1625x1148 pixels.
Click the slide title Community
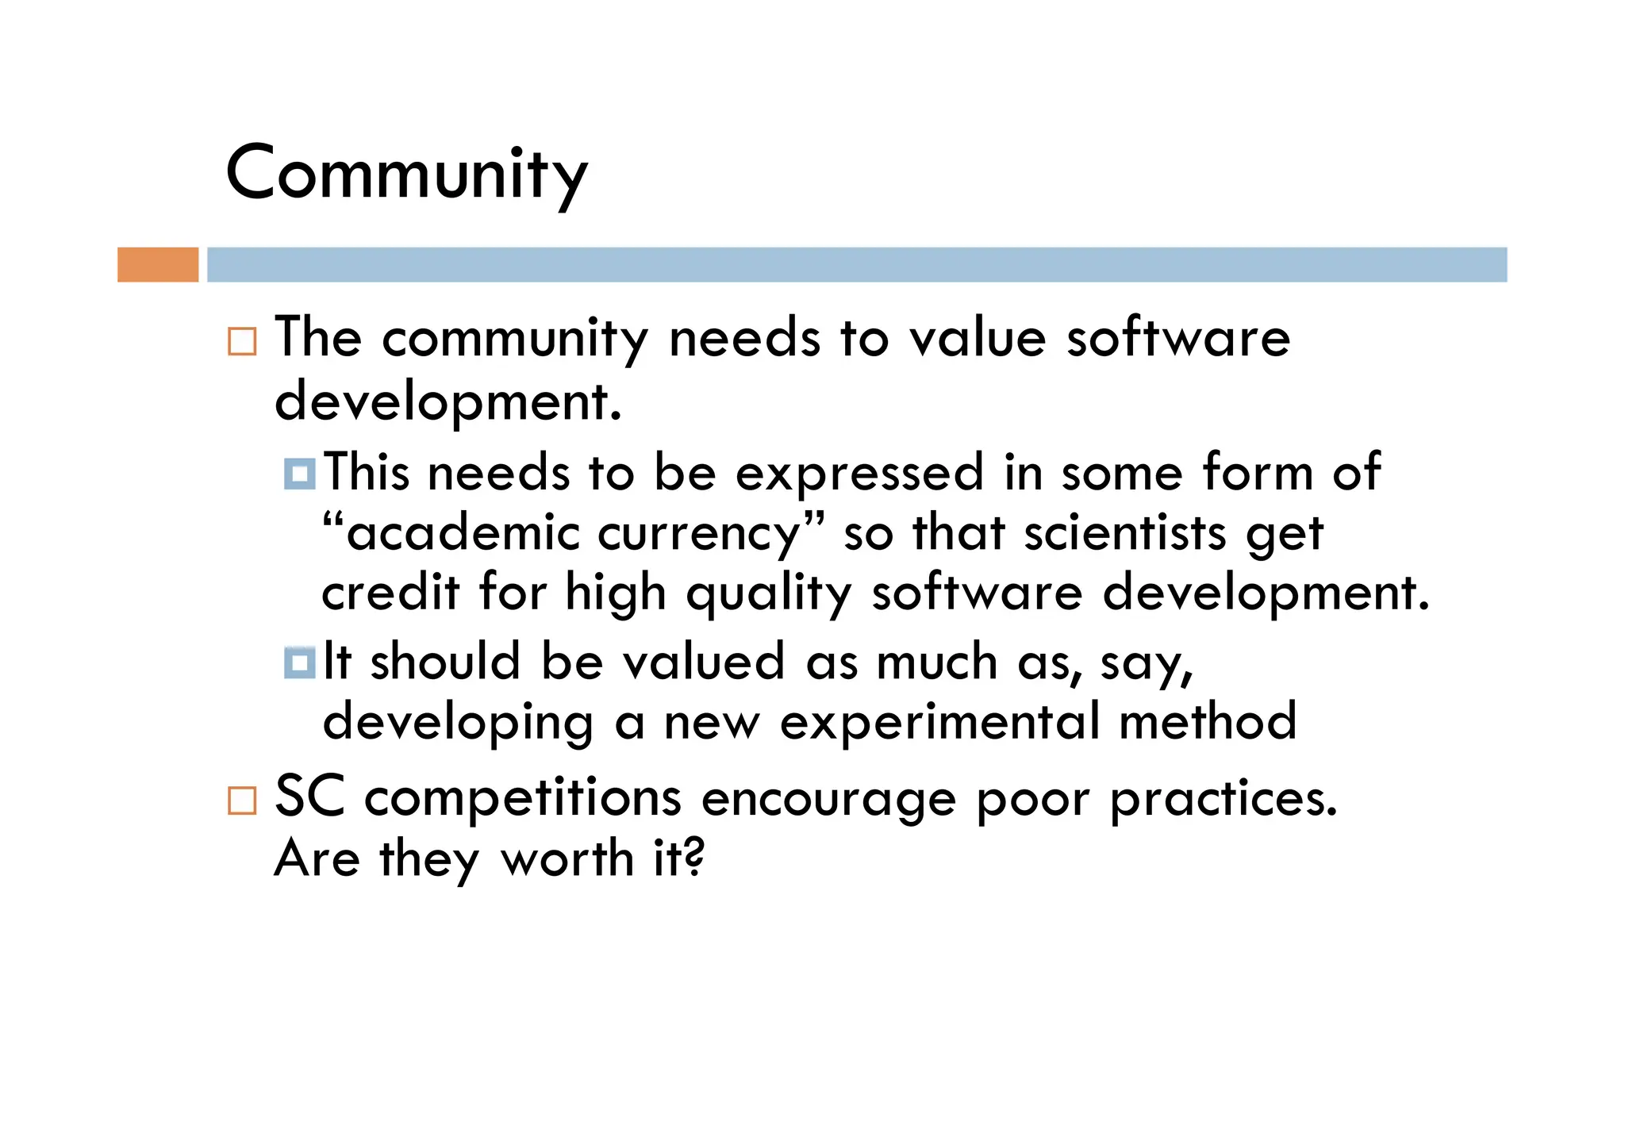[406, 175]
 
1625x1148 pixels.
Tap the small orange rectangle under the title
[158, 264]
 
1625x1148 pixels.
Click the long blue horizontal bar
[857, 264]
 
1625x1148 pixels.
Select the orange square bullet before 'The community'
[242, 341]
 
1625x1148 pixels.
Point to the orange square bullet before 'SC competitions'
[242, 801]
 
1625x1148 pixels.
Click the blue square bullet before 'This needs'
[300, 474]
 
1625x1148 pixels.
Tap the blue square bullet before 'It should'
[300, 662]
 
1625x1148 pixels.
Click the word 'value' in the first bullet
[978, 339]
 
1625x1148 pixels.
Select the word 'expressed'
[859, 474]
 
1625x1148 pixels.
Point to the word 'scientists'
[1125, 533]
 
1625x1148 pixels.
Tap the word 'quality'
[769, 595]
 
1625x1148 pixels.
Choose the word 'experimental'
[939, 723]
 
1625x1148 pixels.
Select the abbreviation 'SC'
[309, 797]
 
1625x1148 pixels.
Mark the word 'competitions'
[523, 800]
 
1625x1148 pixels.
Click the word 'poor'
[1033, 800]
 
